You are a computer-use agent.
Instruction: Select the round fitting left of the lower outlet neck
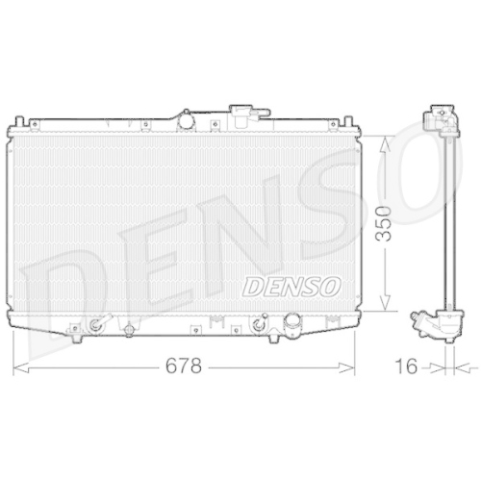(x=258, y=325)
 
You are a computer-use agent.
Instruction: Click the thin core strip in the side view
(x=444, y=221)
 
